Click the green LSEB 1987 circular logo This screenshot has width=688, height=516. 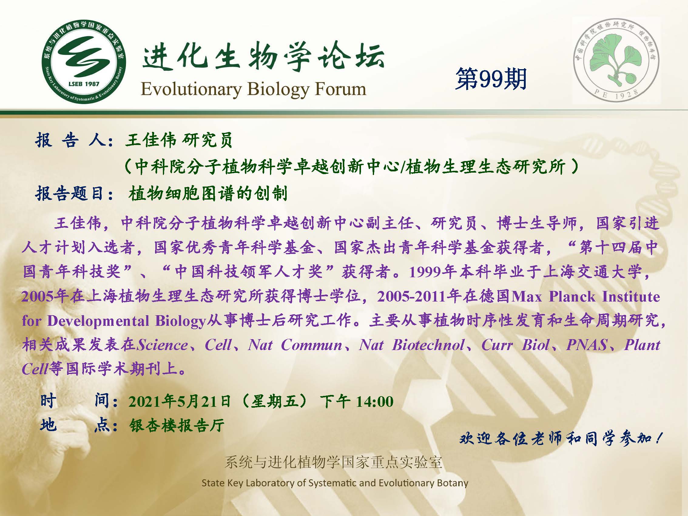point(84,62)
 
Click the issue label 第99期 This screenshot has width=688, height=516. point(491,79)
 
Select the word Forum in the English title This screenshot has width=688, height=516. point(341,89)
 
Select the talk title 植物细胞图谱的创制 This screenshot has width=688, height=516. point(208,194)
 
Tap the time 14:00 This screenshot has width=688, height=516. point(375,401)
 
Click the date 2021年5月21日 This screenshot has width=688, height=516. point(180,401)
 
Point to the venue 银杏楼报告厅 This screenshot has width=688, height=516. point(177,425)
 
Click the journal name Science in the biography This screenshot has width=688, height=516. point(162,345)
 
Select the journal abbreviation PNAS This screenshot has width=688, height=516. point(587,345)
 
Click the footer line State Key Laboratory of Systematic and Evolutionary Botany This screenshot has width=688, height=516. point(335,483)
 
